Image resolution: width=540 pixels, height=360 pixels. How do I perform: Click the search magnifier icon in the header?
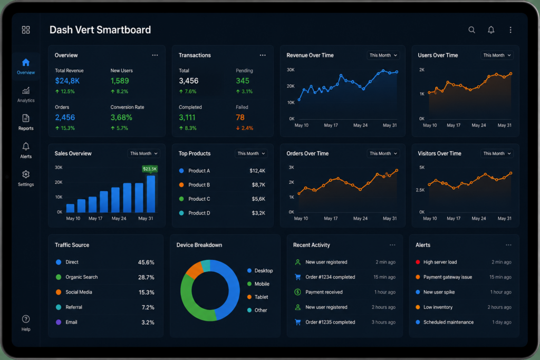(x=472, y=30)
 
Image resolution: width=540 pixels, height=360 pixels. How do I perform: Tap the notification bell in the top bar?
(x=491, y=30)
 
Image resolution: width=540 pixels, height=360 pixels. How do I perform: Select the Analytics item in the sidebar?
(x=26, y=95)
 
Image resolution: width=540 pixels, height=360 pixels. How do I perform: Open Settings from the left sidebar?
(x=26, y=179)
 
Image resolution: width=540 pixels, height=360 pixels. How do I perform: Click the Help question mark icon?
(x=26, y=319)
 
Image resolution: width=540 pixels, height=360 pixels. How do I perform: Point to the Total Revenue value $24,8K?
(x=67, y=81)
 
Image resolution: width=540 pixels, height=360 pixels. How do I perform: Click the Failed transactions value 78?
(x=240, y=118)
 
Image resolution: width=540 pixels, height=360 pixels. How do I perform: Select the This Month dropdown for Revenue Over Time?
(x=383, y=55)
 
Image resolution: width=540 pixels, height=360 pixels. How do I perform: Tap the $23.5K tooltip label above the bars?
(x=150, y=169)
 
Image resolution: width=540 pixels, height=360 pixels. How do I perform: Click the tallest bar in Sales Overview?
(x=151, y=194)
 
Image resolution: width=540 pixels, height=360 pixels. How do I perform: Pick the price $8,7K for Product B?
(x=258, y=185)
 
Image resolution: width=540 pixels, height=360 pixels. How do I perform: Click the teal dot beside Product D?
(x=181, y=213)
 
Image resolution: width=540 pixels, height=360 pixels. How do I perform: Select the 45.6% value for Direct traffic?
(x=146, y=262)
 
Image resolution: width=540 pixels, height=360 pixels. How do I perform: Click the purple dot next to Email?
(x=59, y=322)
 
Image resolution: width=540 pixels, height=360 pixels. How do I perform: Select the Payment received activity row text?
(x=324, y=292)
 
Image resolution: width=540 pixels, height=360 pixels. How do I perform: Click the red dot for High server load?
(x=418, y=262)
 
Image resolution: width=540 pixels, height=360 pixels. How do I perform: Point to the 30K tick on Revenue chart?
(x=291, y=70)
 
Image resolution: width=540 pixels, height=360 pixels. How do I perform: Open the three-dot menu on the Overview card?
(x=155, y=55)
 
